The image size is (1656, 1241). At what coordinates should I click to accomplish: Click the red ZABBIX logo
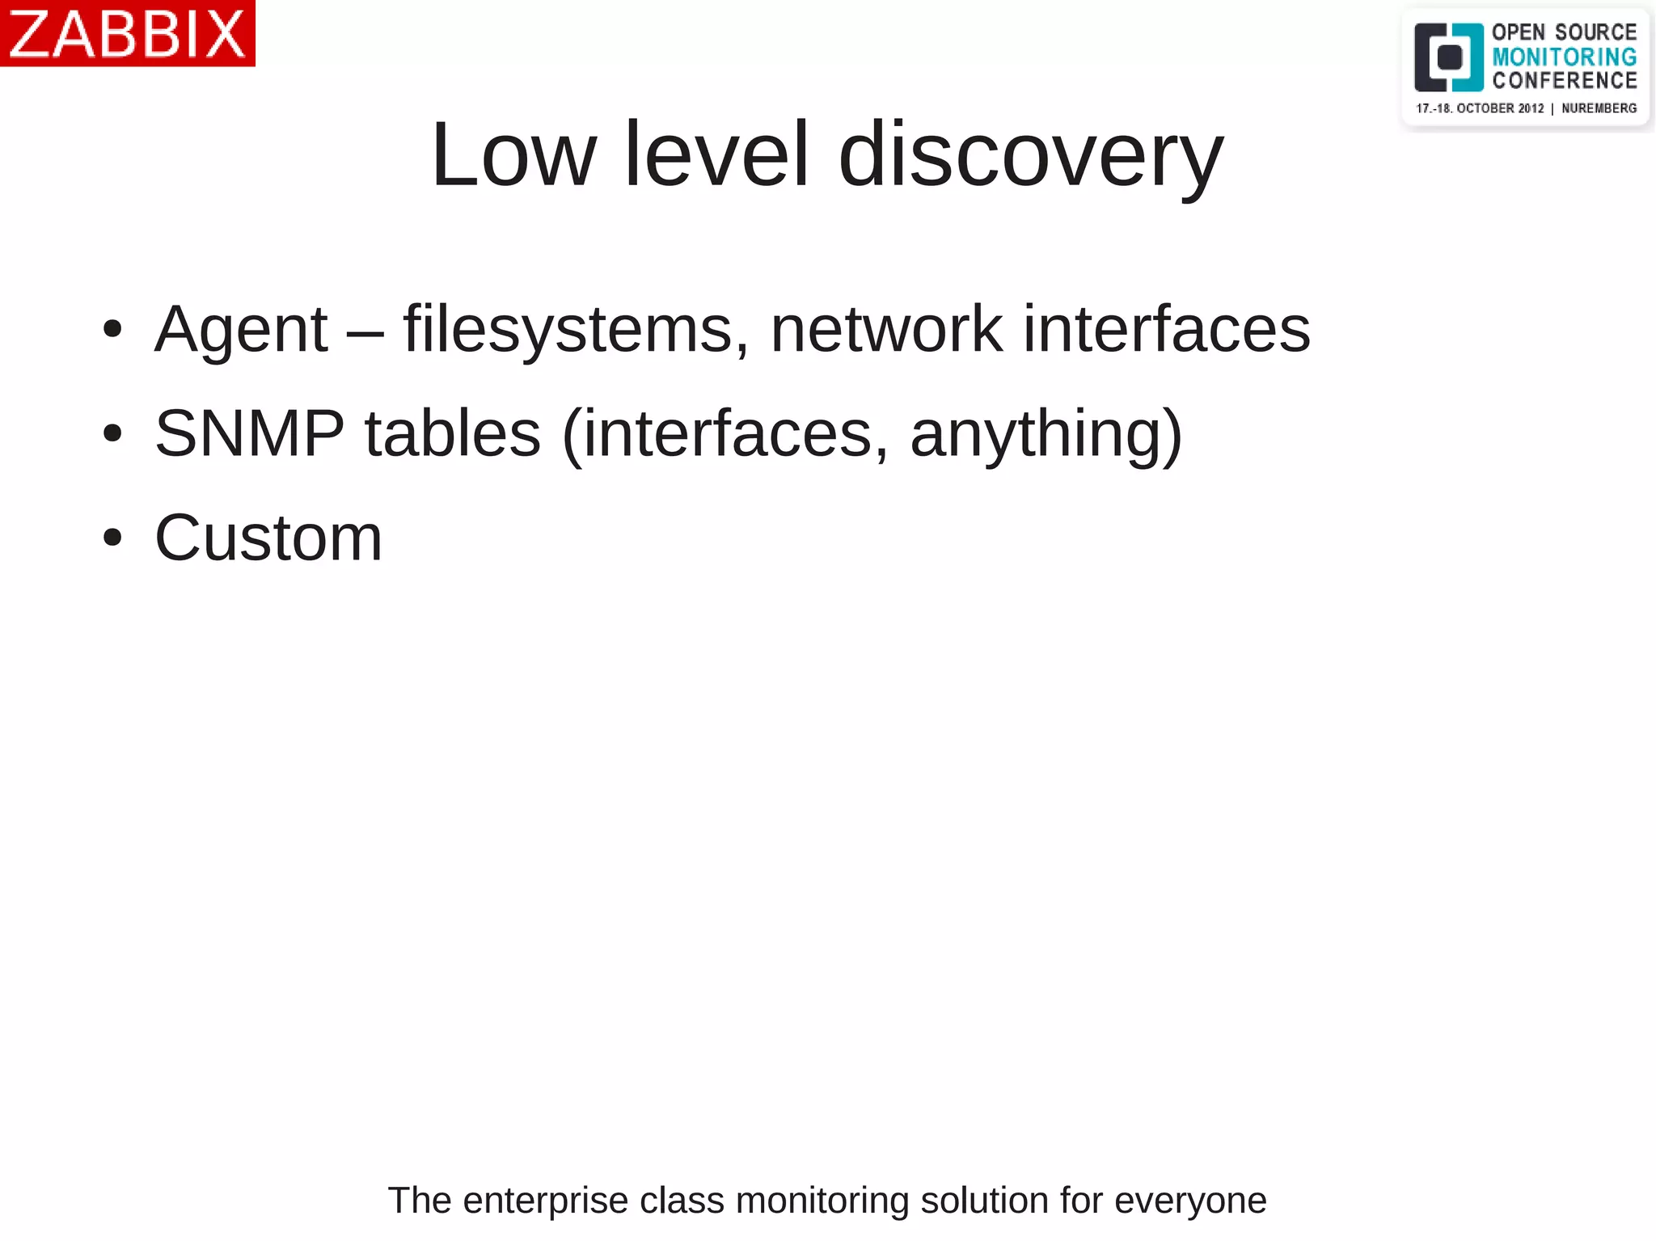[127, 33]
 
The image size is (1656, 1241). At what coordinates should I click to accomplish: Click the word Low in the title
[513, 154]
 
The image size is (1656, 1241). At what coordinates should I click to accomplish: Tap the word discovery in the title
[1031, 154]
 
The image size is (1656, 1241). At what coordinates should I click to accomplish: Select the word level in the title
[716, 154]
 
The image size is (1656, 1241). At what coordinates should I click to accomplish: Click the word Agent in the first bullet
[241, 329]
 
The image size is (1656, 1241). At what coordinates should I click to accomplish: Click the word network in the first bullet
[886, 329]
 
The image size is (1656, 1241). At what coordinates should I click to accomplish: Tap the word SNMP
[249, 433]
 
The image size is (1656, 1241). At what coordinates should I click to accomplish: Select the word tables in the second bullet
[453, 433]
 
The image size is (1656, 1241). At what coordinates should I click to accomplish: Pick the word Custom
[268, 538]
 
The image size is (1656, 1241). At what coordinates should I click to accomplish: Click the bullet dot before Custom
[112, 538]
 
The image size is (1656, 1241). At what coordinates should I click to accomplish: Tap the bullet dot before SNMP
[112, 433]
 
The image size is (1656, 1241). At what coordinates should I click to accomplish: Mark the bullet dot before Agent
[112, 329]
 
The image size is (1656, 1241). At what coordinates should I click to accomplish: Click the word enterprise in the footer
[545, 1200]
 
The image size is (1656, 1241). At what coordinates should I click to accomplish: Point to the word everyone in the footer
[1190, 1200]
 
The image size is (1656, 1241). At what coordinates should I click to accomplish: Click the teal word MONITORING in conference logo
[1564, 57]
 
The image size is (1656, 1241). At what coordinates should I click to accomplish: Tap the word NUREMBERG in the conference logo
[1599, 108]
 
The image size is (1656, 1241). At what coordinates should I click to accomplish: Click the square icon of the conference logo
[1448, 57]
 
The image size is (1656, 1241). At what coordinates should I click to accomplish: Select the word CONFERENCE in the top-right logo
[1564, 81]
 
